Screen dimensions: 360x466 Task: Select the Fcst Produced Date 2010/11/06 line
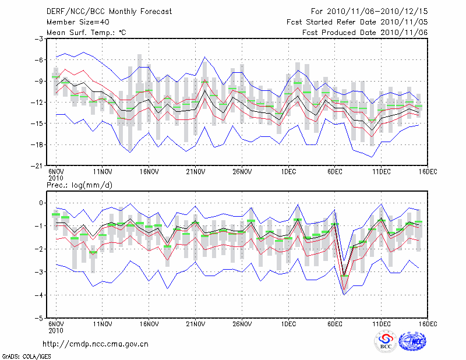[365, 33]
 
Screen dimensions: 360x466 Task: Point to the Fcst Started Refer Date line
[357, 22]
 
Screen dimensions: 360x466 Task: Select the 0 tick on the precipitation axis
[42, 203]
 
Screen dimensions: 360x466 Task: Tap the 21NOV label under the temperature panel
[195, 171]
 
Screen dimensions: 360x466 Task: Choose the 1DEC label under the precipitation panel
[288, 324]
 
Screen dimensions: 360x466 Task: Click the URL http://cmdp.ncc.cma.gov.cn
[96, 344]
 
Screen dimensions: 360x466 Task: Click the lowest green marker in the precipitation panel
[344, 276]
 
